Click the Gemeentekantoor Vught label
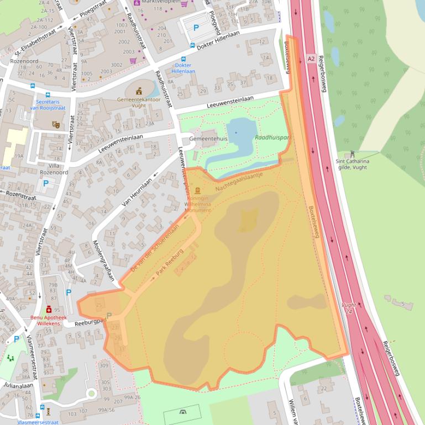(139, 102)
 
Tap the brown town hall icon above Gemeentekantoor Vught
(139, 91)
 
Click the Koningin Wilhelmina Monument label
(198, 204)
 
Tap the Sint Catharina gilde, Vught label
(351, 164)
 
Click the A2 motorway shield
(311, 57)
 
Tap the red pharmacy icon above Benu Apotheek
(49, 310)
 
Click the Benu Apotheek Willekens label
(48, 321)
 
